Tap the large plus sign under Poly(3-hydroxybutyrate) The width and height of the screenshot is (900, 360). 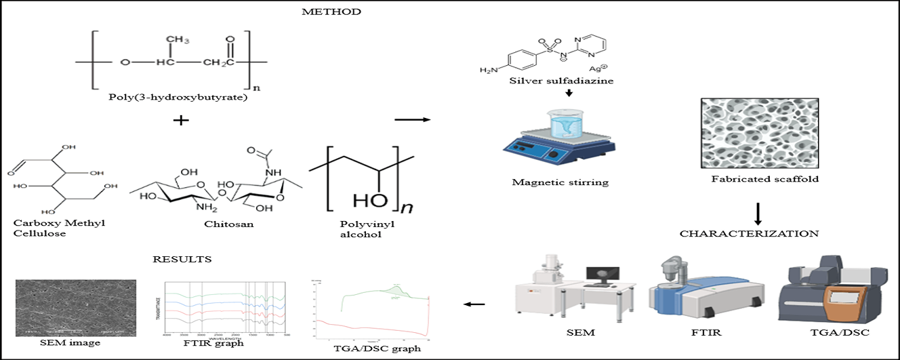(x=181, y=121)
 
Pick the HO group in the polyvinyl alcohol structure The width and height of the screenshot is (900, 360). (x=369, y=201)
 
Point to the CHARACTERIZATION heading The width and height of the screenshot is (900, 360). (x=749, y=233)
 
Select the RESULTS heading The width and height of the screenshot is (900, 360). (x=182, y=259)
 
